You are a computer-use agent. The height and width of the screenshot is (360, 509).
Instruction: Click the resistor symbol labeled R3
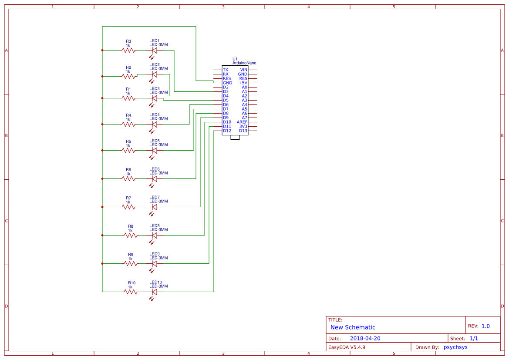[128, 50]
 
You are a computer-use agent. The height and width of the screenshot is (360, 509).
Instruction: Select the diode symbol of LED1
[154, 50]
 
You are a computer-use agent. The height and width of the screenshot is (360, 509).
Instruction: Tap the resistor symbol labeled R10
[131, 292]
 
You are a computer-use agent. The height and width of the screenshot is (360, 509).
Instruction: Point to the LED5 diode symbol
[154, 150]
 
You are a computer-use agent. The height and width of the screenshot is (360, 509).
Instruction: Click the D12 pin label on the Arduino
[227, 131]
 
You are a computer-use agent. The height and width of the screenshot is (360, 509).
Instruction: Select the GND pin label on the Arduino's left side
[227, 83]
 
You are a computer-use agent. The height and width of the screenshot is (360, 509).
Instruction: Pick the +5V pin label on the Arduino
[243, 83]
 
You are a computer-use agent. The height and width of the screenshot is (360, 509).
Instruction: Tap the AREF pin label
[242, 122]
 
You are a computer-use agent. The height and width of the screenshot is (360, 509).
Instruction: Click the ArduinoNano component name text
[244, 63]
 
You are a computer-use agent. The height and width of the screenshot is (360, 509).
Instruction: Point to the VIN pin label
[243, 70]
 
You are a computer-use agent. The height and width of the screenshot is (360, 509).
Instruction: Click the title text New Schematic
[353, 327]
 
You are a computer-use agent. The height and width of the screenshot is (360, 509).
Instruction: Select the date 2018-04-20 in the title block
[365, 338]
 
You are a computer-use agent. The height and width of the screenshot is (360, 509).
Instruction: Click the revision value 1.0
[485, 326]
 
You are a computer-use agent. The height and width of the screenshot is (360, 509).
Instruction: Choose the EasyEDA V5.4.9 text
[347, 347]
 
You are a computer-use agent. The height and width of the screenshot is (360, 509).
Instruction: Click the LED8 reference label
[155, 226]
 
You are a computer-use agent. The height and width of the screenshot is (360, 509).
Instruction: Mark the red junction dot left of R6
[102, 178]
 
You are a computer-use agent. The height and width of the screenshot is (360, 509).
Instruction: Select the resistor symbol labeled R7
[128, 207]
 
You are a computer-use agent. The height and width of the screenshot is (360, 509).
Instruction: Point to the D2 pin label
[226, 87]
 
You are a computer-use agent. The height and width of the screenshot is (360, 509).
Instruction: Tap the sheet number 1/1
[474, 338]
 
